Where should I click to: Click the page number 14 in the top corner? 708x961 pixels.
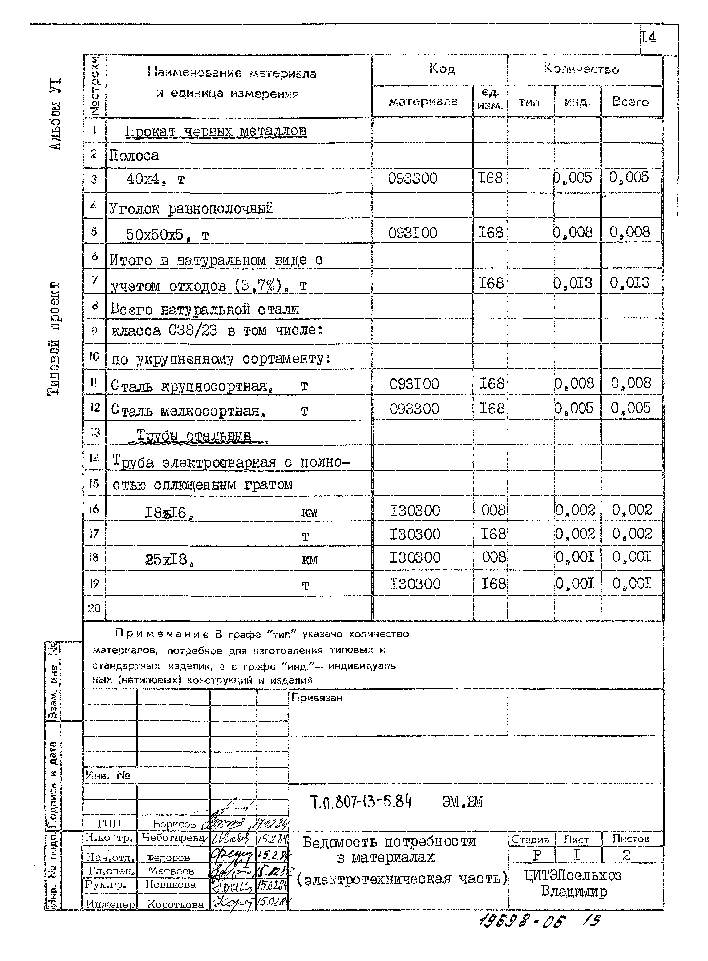(x=648, y=38)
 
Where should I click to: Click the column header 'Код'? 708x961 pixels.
(x=442, y=69)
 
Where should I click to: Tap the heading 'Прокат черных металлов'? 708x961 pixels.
(x=216, y=131)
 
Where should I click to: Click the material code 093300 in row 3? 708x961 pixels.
(x=413, y=178)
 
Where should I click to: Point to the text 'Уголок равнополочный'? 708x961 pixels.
(x=191, y=209)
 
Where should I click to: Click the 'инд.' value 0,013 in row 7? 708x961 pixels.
(x=574, y=283)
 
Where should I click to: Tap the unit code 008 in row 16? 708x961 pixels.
(x=493, y=510)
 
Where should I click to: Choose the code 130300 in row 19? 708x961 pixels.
(x=415, y=584)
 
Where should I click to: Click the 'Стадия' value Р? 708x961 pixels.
(x=537, y=855)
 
